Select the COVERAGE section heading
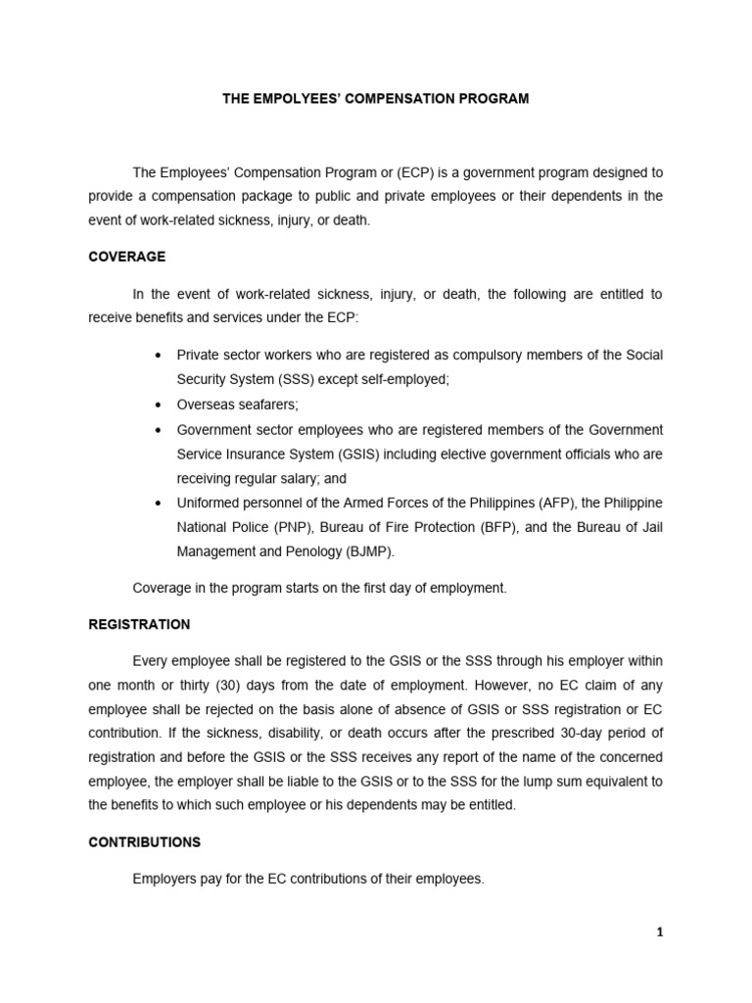[126, 257]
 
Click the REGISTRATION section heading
[139, 624]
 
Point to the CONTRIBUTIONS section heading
[144, 841]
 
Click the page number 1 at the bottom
[660, 933]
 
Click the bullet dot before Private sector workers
[158, 354]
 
